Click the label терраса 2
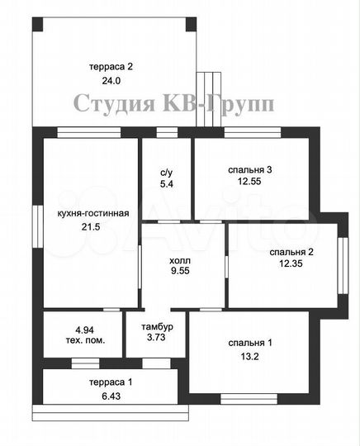(111, 65)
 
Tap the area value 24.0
(111, 81)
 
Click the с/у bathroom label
(166, 173)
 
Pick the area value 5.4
(166, 185)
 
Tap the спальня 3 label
(250, 170)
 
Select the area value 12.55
(250, 183)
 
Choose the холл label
(180, 257)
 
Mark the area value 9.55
(180, 269)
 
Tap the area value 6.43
(110, 396)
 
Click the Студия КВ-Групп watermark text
(174, 103)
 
